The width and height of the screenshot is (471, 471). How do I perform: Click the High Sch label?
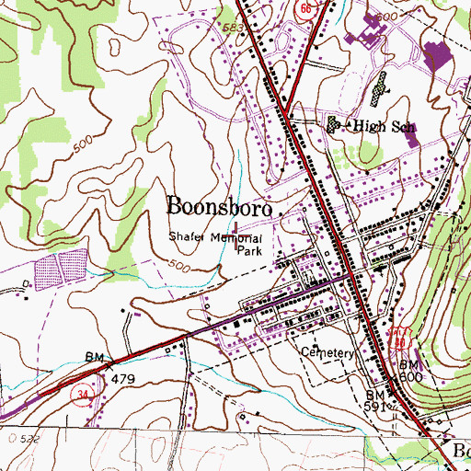point(372,125)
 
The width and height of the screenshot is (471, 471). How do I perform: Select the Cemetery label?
point(327,353)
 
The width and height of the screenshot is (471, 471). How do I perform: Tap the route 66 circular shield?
point(304,8)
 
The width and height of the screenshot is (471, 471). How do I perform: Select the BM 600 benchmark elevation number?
point(410,378)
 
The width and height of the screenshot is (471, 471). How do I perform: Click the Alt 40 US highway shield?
point(398,337)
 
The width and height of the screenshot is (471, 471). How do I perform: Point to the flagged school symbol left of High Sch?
point(333,123)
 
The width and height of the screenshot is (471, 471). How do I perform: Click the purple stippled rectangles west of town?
point(59,270)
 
